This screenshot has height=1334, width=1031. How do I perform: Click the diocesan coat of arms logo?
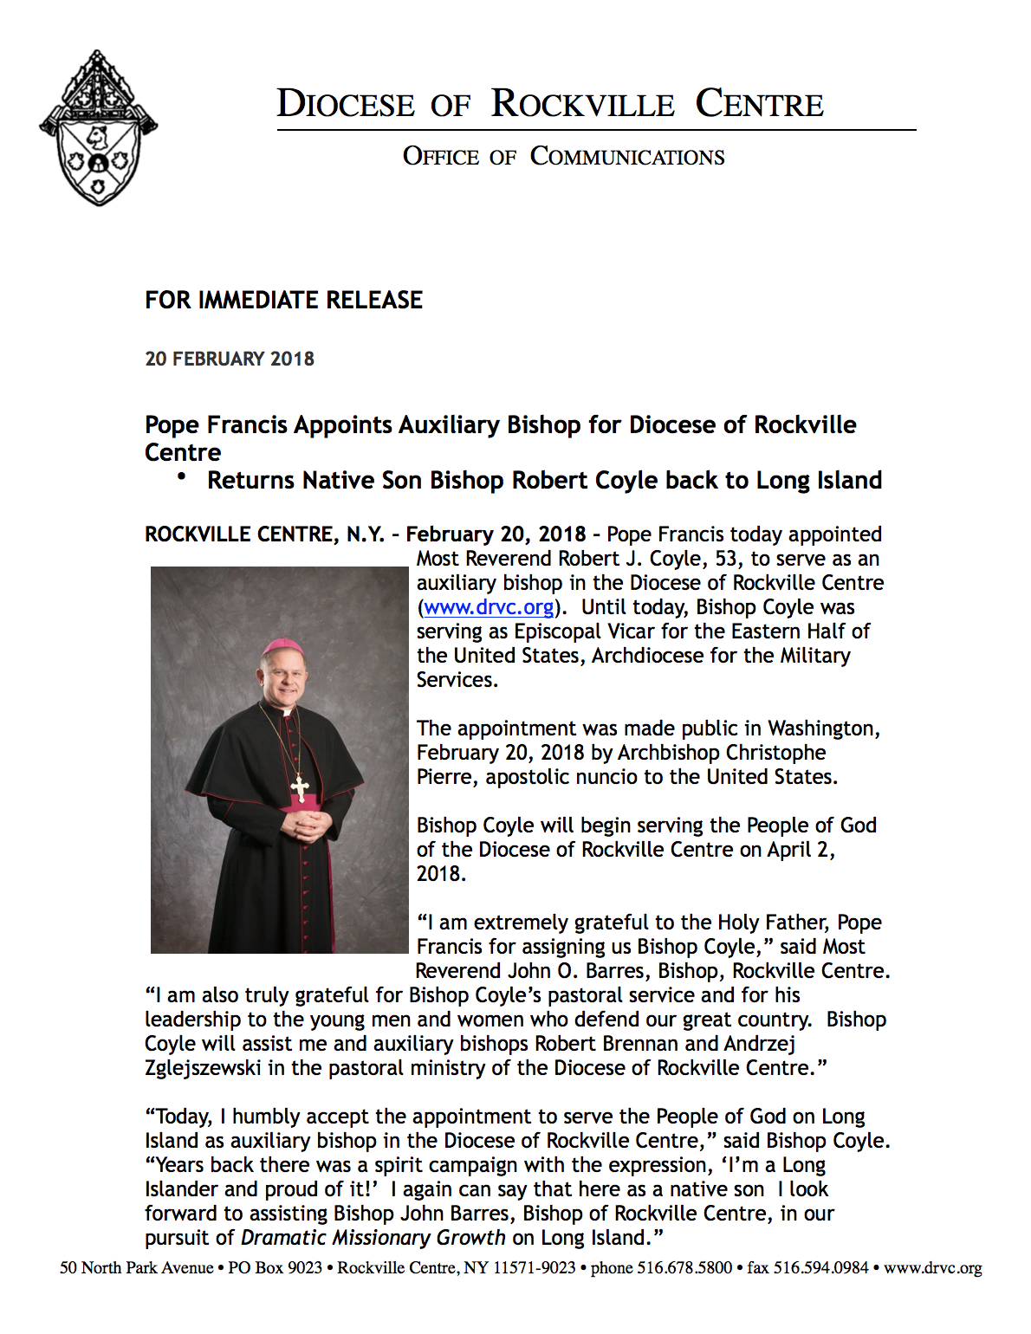coord(98,128)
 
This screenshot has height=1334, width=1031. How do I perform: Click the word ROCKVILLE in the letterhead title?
coord(582,105)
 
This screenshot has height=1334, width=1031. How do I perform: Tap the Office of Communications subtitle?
coord(563,157)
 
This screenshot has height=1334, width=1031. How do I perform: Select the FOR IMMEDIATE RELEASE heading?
coord(283,301)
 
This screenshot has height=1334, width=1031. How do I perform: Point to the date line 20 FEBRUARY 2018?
coord(230,359)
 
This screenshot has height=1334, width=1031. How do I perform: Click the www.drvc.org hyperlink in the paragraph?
coord(489,607)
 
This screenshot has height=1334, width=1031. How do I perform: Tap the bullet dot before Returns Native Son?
coord(181,476)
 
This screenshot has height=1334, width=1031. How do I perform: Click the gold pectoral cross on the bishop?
coord(300,787)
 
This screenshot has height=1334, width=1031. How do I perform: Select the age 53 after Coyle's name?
coord(727,559)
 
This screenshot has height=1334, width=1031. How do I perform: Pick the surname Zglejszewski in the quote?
coord(203,1068)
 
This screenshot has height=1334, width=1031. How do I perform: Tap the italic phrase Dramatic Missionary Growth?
coord(373,1238)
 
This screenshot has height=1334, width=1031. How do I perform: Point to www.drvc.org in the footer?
coord(933,1268)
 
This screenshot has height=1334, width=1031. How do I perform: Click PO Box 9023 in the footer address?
coord(275,1268)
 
